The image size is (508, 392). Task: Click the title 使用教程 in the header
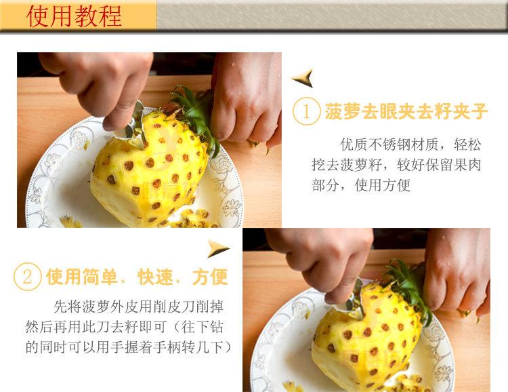[75, 15]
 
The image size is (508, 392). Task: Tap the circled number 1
[306, 111]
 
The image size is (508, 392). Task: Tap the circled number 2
[28, 277]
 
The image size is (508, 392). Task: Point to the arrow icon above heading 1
[302, 79]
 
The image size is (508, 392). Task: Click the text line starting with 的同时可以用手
[129, 347]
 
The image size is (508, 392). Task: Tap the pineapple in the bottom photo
[373, 339]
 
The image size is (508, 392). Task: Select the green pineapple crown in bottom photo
[410, 288]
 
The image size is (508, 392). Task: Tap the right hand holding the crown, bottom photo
[457, 264]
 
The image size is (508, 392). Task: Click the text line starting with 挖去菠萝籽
[396, 165]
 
